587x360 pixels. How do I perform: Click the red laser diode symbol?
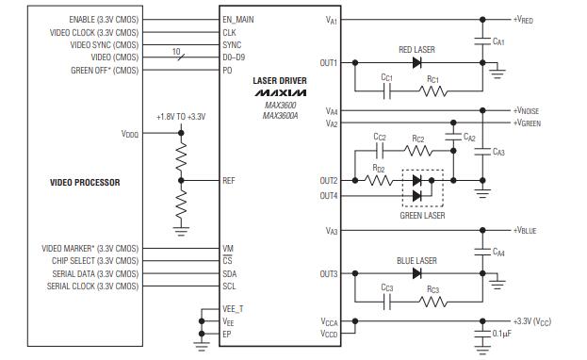415,63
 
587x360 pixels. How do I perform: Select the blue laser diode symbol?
415,274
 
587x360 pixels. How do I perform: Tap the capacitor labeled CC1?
386,92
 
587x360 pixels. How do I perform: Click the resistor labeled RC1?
432,92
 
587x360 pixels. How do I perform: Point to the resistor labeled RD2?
378,180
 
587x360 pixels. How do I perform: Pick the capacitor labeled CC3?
386,303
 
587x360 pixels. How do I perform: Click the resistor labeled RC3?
432,303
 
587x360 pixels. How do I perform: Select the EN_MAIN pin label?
238,19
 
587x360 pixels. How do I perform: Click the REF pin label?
229,180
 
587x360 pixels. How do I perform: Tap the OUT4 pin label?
328,195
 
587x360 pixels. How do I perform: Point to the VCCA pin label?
328,321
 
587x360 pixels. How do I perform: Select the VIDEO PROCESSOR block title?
85,182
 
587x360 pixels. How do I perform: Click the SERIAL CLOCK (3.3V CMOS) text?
92,286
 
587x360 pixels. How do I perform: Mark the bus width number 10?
176,51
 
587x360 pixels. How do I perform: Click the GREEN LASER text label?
420,215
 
